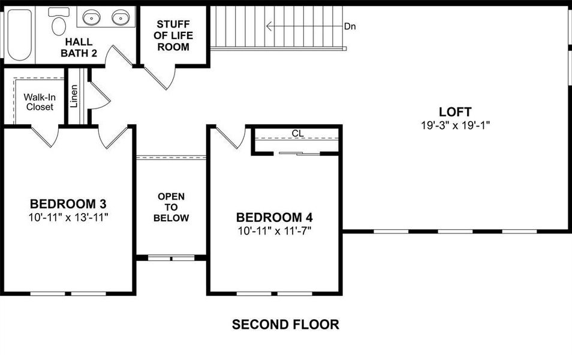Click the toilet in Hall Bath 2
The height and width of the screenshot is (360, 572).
tap(59, 23)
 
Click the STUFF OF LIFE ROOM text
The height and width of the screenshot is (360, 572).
tap(173, 35)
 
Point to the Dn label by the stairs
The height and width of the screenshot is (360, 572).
tap(350, 26)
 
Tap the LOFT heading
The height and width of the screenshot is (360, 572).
tap(454, 112)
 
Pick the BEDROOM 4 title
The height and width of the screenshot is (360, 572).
tap(274, 217)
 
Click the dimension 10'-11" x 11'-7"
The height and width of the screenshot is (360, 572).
tap(274, 230)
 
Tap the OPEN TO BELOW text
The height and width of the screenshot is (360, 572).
tap(171, 207)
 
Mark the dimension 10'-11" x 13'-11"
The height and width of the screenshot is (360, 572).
tap(68, 217)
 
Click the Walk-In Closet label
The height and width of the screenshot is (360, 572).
tap(38, 102)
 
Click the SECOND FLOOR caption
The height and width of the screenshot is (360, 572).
tap(285, 325)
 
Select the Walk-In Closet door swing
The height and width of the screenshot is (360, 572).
tap(45, 137)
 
